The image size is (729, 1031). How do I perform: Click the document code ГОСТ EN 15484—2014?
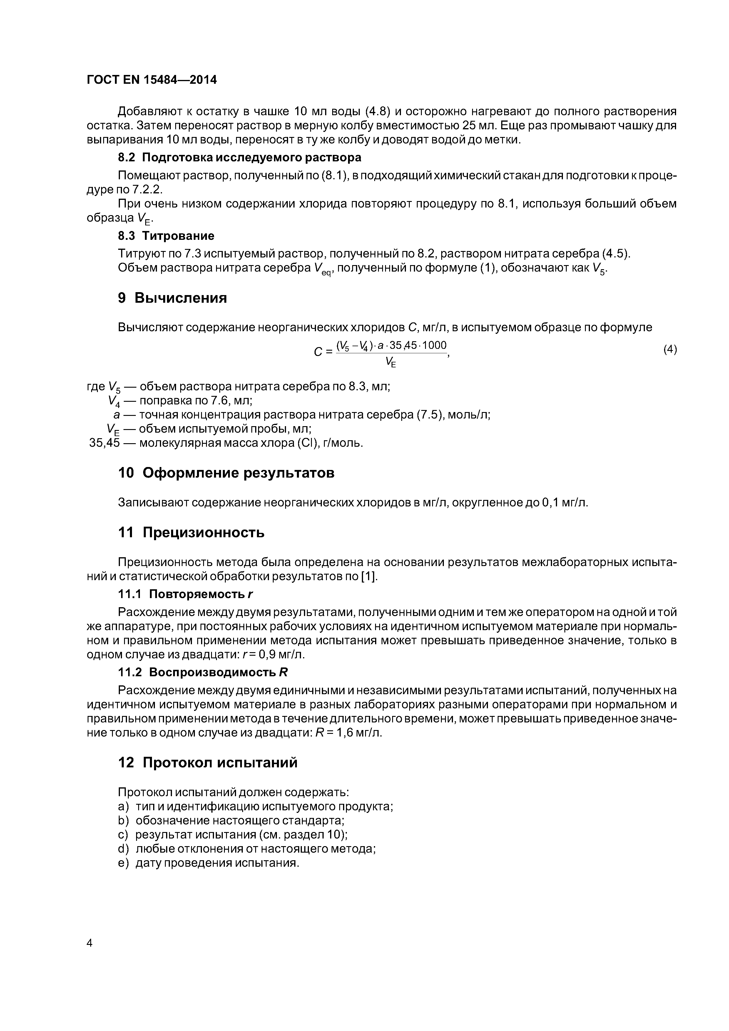click(x=151, y=80)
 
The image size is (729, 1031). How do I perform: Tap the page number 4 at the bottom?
click(x=89, y=943)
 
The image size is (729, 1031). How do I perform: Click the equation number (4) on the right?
click(x=670, y=349)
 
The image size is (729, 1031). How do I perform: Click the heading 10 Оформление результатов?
click(x=226, y=473)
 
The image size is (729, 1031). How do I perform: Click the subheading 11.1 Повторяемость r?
click(x=185, y=594)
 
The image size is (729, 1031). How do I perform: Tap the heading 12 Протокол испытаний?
click(x=208, y=763)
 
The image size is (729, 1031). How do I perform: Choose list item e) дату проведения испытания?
click(x=208, y=863)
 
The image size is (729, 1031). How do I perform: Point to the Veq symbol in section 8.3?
click(x=322, y=269)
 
